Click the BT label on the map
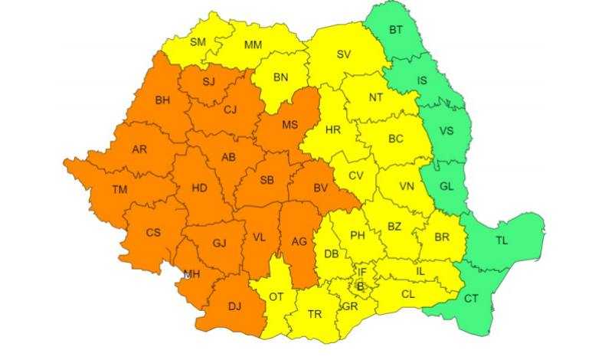[396, 31]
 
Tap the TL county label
[502, 241]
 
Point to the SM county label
[198, 42]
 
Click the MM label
[253, 45]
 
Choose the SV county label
[343, 54]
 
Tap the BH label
[163, 100]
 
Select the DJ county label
[234, 306]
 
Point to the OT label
[276, 296]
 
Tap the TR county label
[314, 314]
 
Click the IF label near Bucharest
[363, 272]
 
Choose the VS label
[446, 131]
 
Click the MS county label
[289, 125]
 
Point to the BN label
[280, 77]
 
